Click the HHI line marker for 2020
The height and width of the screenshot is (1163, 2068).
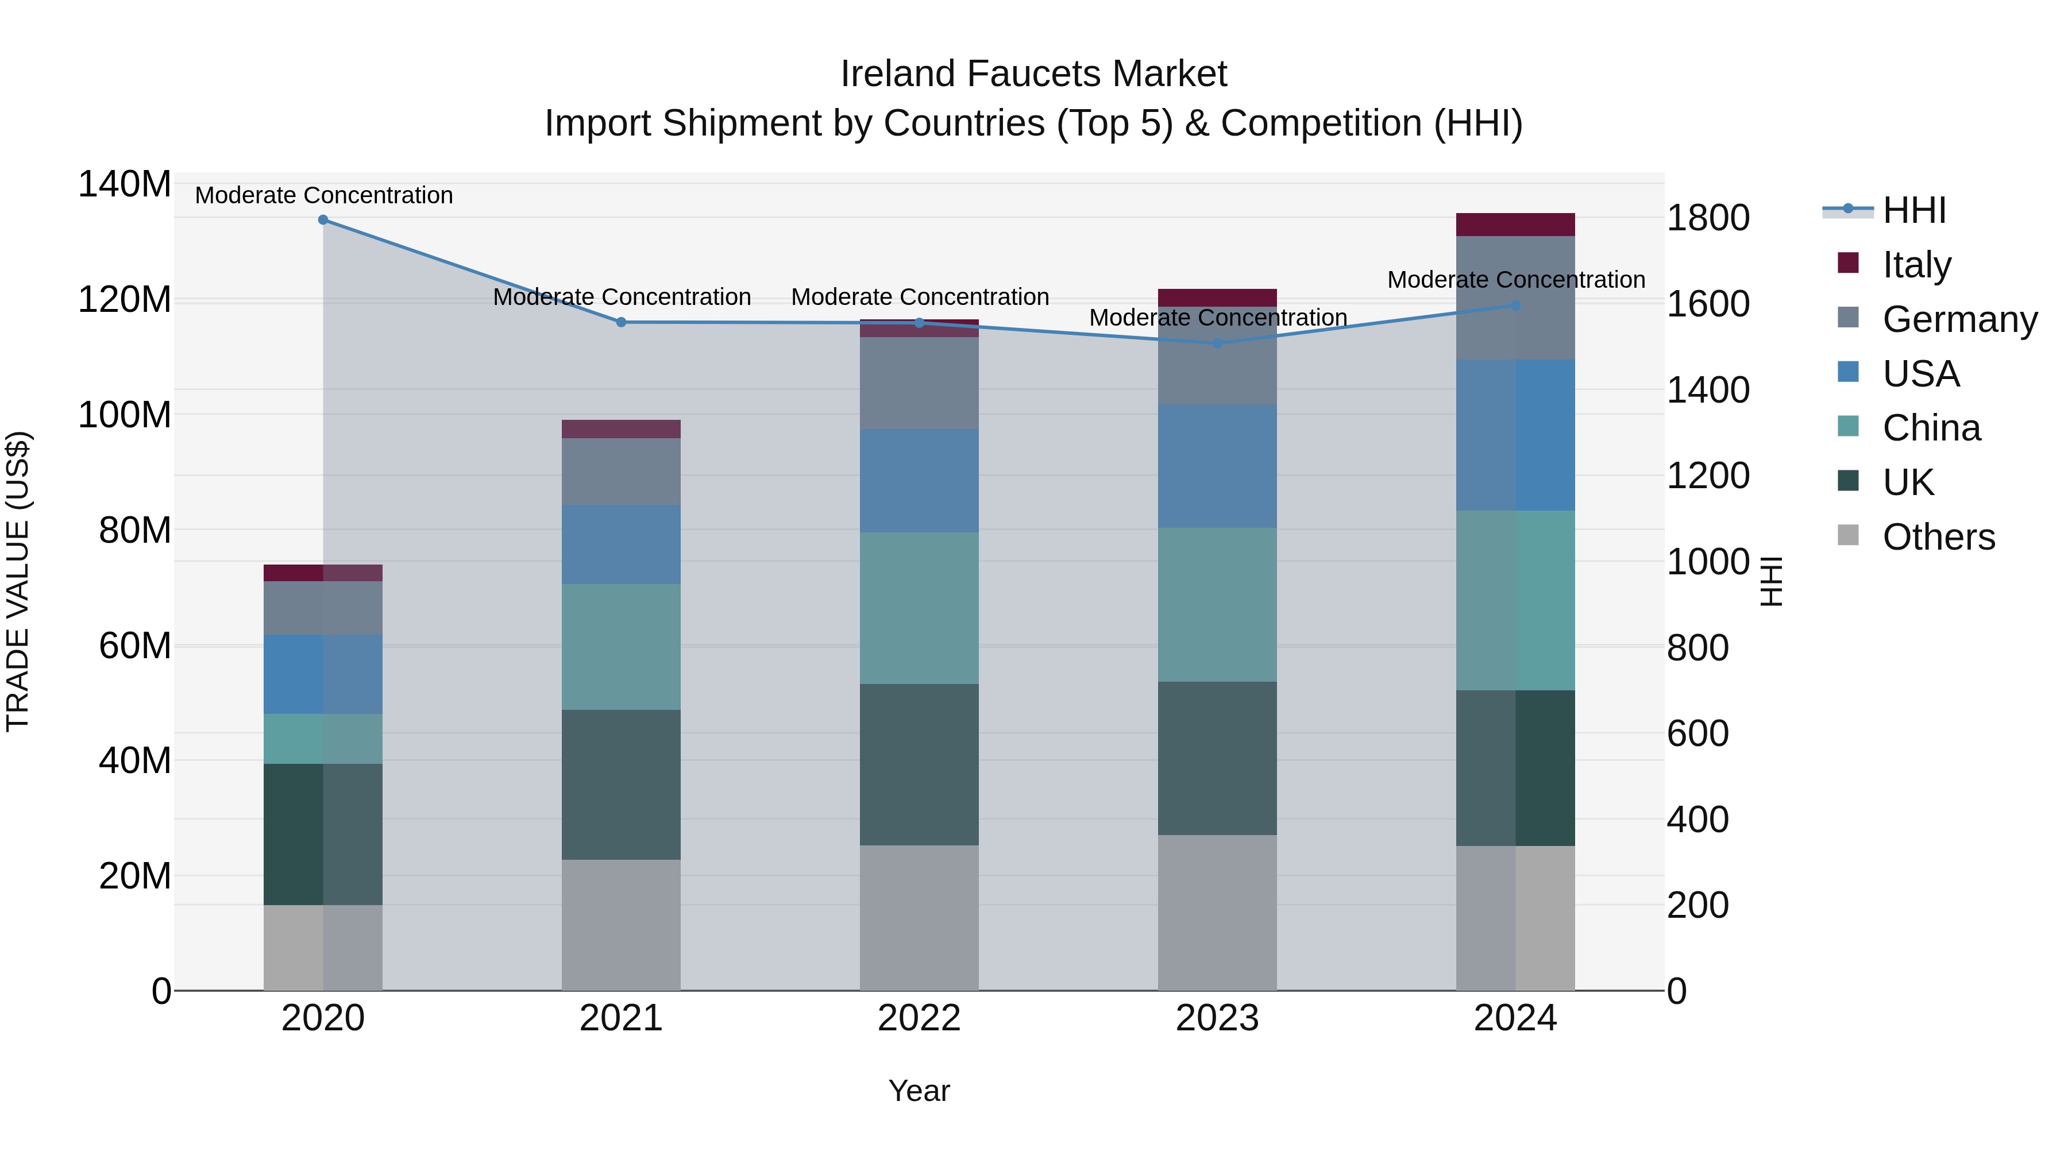[323, 220]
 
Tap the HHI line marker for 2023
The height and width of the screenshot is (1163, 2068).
[1217, 343]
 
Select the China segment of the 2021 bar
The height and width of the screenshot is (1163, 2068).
[620, 647]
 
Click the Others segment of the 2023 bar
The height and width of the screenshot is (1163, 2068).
[1217, 913]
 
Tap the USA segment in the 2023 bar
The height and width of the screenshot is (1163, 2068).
[1217, 466]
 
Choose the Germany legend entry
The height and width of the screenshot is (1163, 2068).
[1959, 319]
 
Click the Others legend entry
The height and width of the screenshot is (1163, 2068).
[1938, 537]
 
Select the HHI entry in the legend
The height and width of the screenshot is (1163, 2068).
[1914, 210]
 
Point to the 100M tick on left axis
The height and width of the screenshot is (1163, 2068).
[125, 416]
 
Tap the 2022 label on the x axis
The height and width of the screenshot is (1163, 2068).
[919, 1018]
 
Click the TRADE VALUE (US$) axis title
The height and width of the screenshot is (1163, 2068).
[18, 581]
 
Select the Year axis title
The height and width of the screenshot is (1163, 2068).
[919, 1091]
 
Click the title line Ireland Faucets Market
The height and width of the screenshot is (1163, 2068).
[1033, 74]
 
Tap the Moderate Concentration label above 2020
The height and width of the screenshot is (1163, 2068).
[323, 195]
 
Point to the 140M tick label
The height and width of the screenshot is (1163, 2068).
[125, 184]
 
